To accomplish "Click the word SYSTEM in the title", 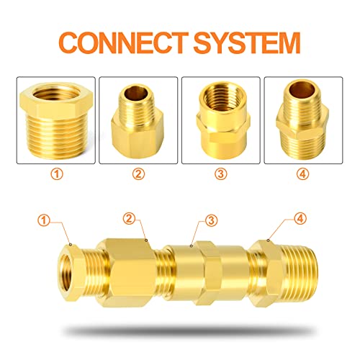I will tap(241, 42).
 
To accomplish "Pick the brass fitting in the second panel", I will tap(138, 122).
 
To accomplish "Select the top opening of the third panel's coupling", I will tap(220, 94).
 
